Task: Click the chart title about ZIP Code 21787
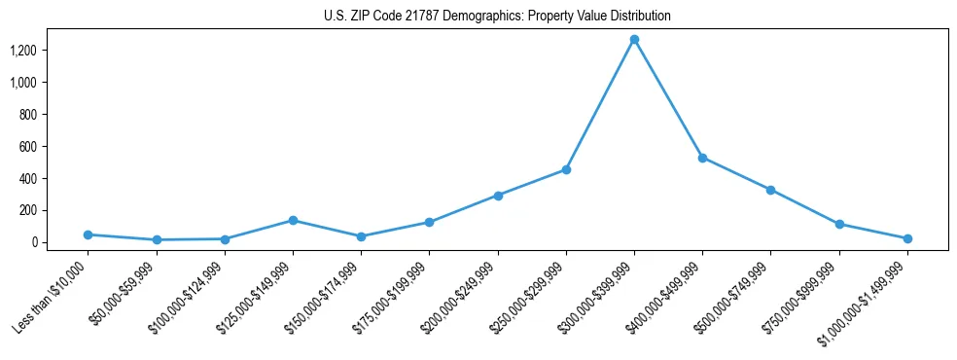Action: pos(497,17)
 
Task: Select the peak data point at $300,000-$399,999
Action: pos(634,40)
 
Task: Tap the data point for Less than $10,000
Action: pos(89,234)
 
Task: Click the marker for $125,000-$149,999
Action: pos(293,220)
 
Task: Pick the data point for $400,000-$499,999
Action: pos(702,158)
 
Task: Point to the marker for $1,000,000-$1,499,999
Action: pos(907,238)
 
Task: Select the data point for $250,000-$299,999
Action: pos(566,169)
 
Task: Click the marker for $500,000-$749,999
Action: pos(770,190)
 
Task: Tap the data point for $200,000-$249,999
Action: pos(498,196)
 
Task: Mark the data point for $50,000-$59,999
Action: pos(157,239)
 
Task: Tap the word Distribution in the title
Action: pos(636,17)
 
